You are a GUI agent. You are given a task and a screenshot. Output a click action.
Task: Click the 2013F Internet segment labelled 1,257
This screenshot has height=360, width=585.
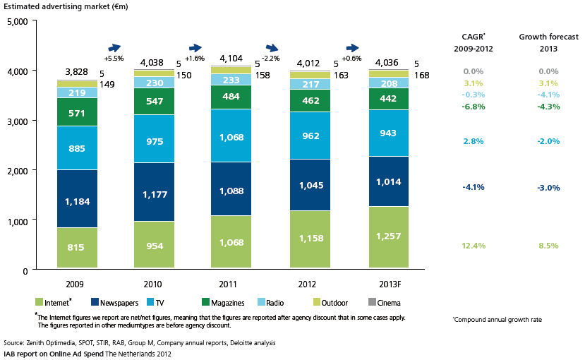pos(388,235)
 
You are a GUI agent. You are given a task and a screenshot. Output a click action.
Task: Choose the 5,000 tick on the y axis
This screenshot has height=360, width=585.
pos(16,22)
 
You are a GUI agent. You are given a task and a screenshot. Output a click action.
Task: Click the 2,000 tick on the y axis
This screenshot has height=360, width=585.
pos(16,171)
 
